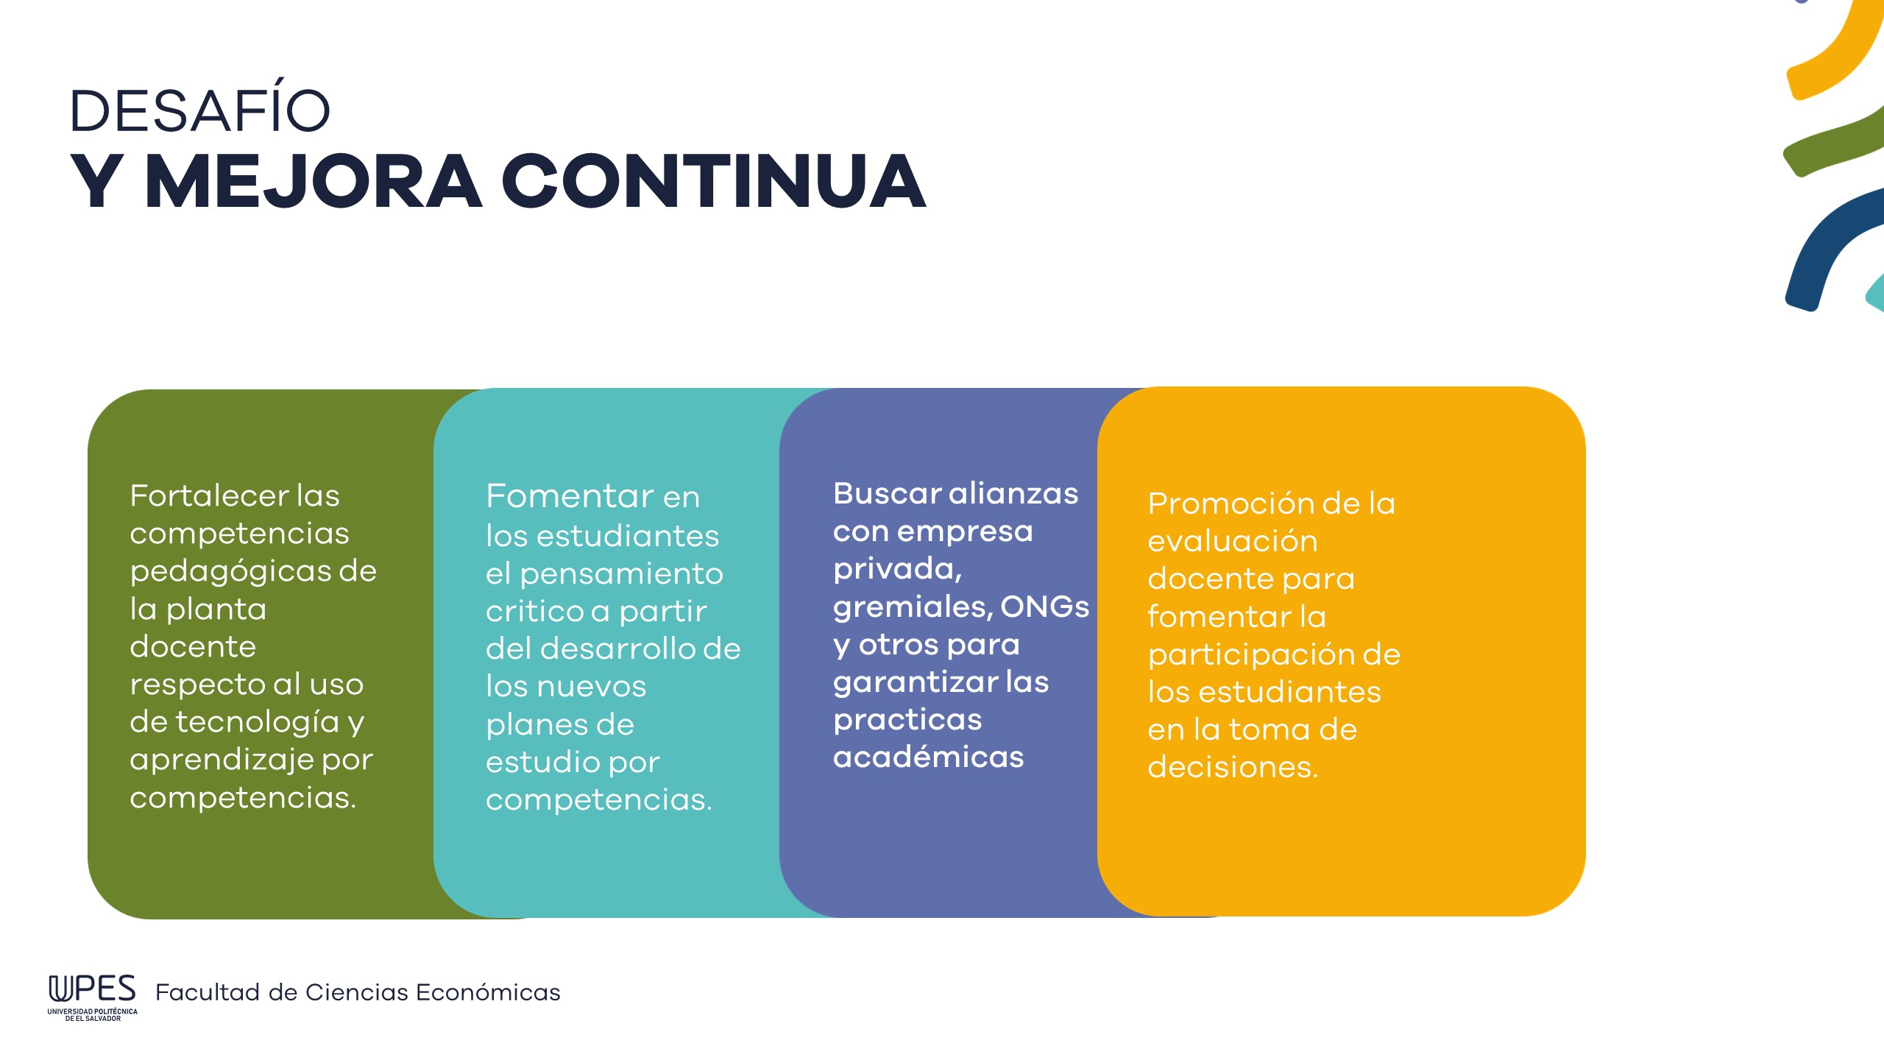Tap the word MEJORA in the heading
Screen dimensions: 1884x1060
click(x=314, y=182)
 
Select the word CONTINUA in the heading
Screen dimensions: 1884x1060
click(x=714, y=181)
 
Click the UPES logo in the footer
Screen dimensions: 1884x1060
click(x=93, y=997)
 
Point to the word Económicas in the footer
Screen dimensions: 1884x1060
click(x=488, y=992)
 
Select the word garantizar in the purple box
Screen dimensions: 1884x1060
click(x=916, y=684)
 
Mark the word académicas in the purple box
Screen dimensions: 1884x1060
click(x=928, y=757)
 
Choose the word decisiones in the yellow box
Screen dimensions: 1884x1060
click(x=1233, y=767)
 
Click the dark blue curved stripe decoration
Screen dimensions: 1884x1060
click(x=1818, y=243)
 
